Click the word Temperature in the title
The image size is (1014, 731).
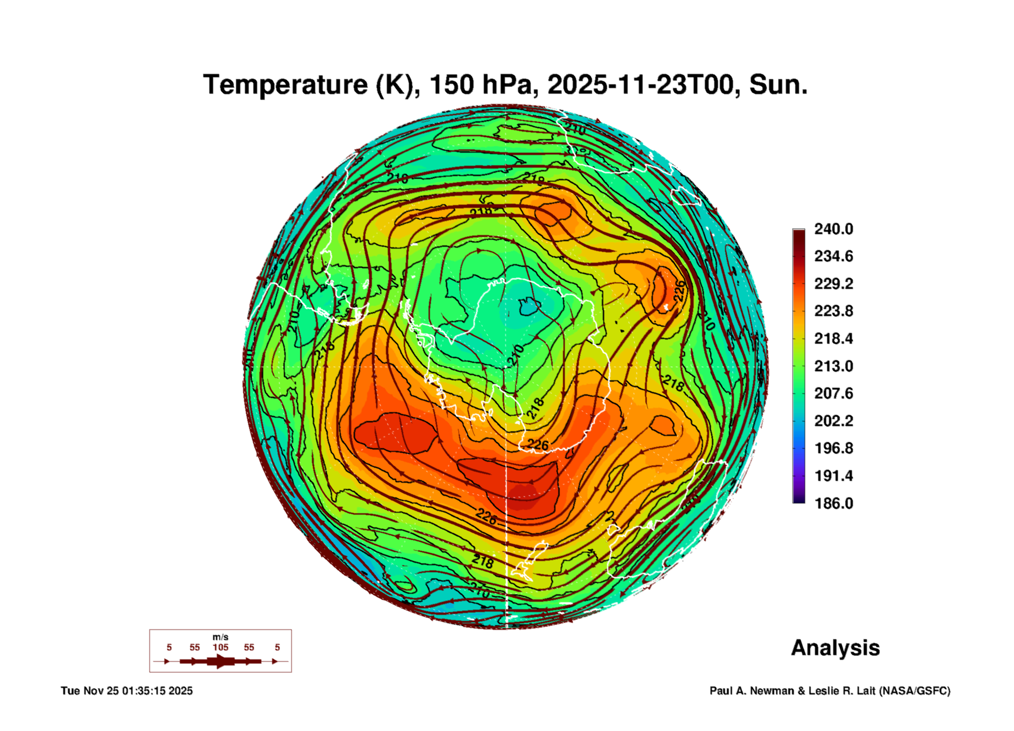[285, 85]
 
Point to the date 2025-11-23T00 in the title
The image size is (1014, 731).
[640, 85]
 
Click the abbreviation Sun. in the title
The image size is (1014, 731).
[778, 85]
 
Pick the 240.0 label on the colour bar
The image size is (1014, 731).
[833, 229]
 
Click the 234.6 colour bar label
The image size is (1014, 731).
[833, 256]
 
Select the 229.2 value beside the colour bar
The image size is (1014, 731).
[833, 284]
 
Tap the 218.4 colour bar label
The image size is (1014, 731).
[833, 339]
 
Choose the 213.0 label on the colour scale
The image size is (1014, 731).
[833, 366]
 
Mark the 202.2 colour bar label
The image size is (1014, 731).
[833, 421]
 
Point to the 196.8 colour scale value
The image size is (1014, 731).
[833, 448]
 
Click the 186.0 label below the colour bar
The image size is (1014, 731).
[833, 503]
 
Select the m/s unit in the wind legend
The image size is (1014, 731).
[220, 637]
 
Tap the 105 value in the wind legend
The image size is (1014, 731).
[220, 647]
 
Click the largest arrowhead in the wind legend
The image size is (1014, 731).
[221, 661]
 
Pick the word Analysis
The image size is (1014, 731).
[835, 648]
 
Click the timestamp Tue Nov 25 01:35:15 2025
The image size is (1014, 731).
[126, 691]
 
